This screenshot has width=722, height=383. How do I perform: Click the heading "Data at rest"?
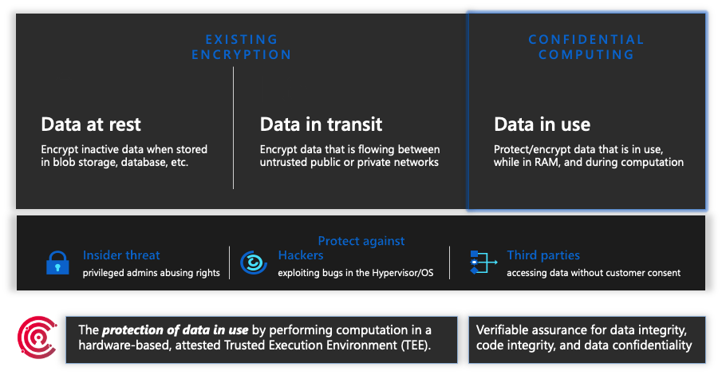[91, 124]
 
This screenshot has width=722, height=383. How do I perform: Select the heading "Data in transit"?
[321, 124]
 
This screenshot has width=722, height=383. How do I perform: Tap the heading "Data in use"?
[542, 124]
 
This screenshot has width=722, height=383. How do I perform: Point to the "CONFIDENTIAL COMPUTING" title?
[586, 47]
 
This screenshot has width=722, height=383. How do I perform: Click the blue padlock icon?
[57, 263]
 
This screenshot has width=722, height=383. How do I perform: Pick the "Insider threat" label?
[121, 255]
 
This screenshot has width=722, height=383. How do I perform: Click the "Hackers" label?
[301, 255]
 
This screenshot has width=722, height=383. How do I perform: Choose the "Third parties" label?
[543, 255]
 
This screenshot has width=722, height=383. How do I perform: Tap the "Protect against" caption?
[361, 240]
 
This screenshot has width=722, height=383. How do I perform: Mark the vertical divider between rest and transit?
[233, 128]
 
